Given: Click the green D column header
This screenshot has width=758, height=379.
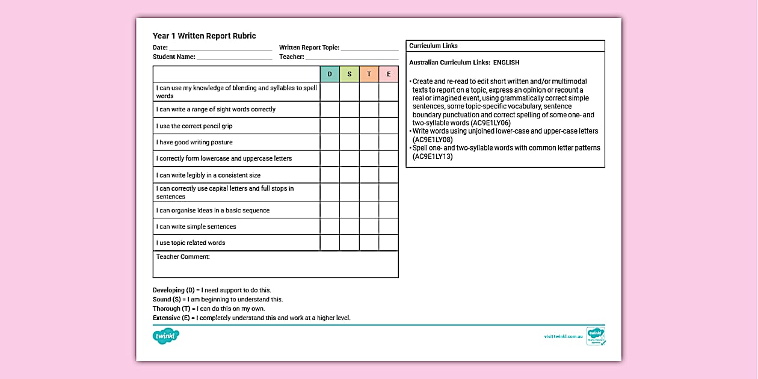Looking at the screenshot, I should click(x=330, y=74).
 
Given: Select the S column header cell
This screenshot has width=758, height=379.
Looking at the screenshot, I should click(x=350, y=74).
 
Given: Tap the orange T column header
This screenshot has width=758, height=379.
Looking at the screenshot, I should click(x=369, y=74).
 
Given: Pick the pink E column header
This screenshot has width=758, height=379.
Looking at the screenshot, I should click(x=389, y=74).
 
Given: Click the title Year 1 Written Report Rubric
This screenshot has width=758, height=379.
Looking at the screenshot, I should click(x=204, y=36).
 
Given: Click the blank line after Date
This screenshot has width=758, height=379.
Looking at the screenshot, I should click(x=220, y=48).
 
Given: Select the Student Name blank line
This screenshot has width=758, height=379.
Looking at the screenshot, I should click(x=234, y=58).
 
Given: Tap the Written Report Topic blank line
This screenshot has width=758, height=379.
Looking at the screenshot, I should click(x=369, y=48).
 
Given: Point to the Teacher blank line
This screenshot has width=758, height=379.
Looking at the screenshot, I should click(x=352, y=58).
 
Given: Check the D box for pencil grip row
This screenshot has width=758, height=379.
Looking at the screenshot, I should click(x=330, y=126).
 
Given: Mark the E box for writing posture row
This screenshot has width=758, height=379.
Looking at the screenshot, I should click(x=389, y=142).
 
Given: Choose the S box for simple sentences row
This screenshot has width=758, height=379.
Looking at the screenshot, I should click(x=350, y=227).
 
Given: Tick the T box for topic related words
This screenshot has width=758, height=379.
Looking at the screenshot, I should click(x=369, y=242).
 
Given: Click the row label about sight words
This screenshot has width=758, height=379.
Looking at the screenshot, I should click(x=215, y=109).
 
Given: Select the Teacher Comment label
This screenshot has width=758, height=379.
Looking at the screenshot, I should click(x=183, y=257).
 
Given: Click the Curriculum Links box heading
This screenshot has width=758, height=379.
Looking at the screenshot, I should click(x=433, y=46).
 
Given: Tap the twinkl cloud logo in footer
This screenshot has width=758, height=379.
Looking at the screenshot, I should click(x=166, y=336).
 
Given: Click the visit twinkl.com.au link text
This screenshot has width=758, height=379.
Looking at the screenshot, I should click(x=563, y=337).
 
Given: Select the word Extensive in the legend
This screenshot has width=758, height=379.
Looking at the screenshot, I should click(x=166, y=318).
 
